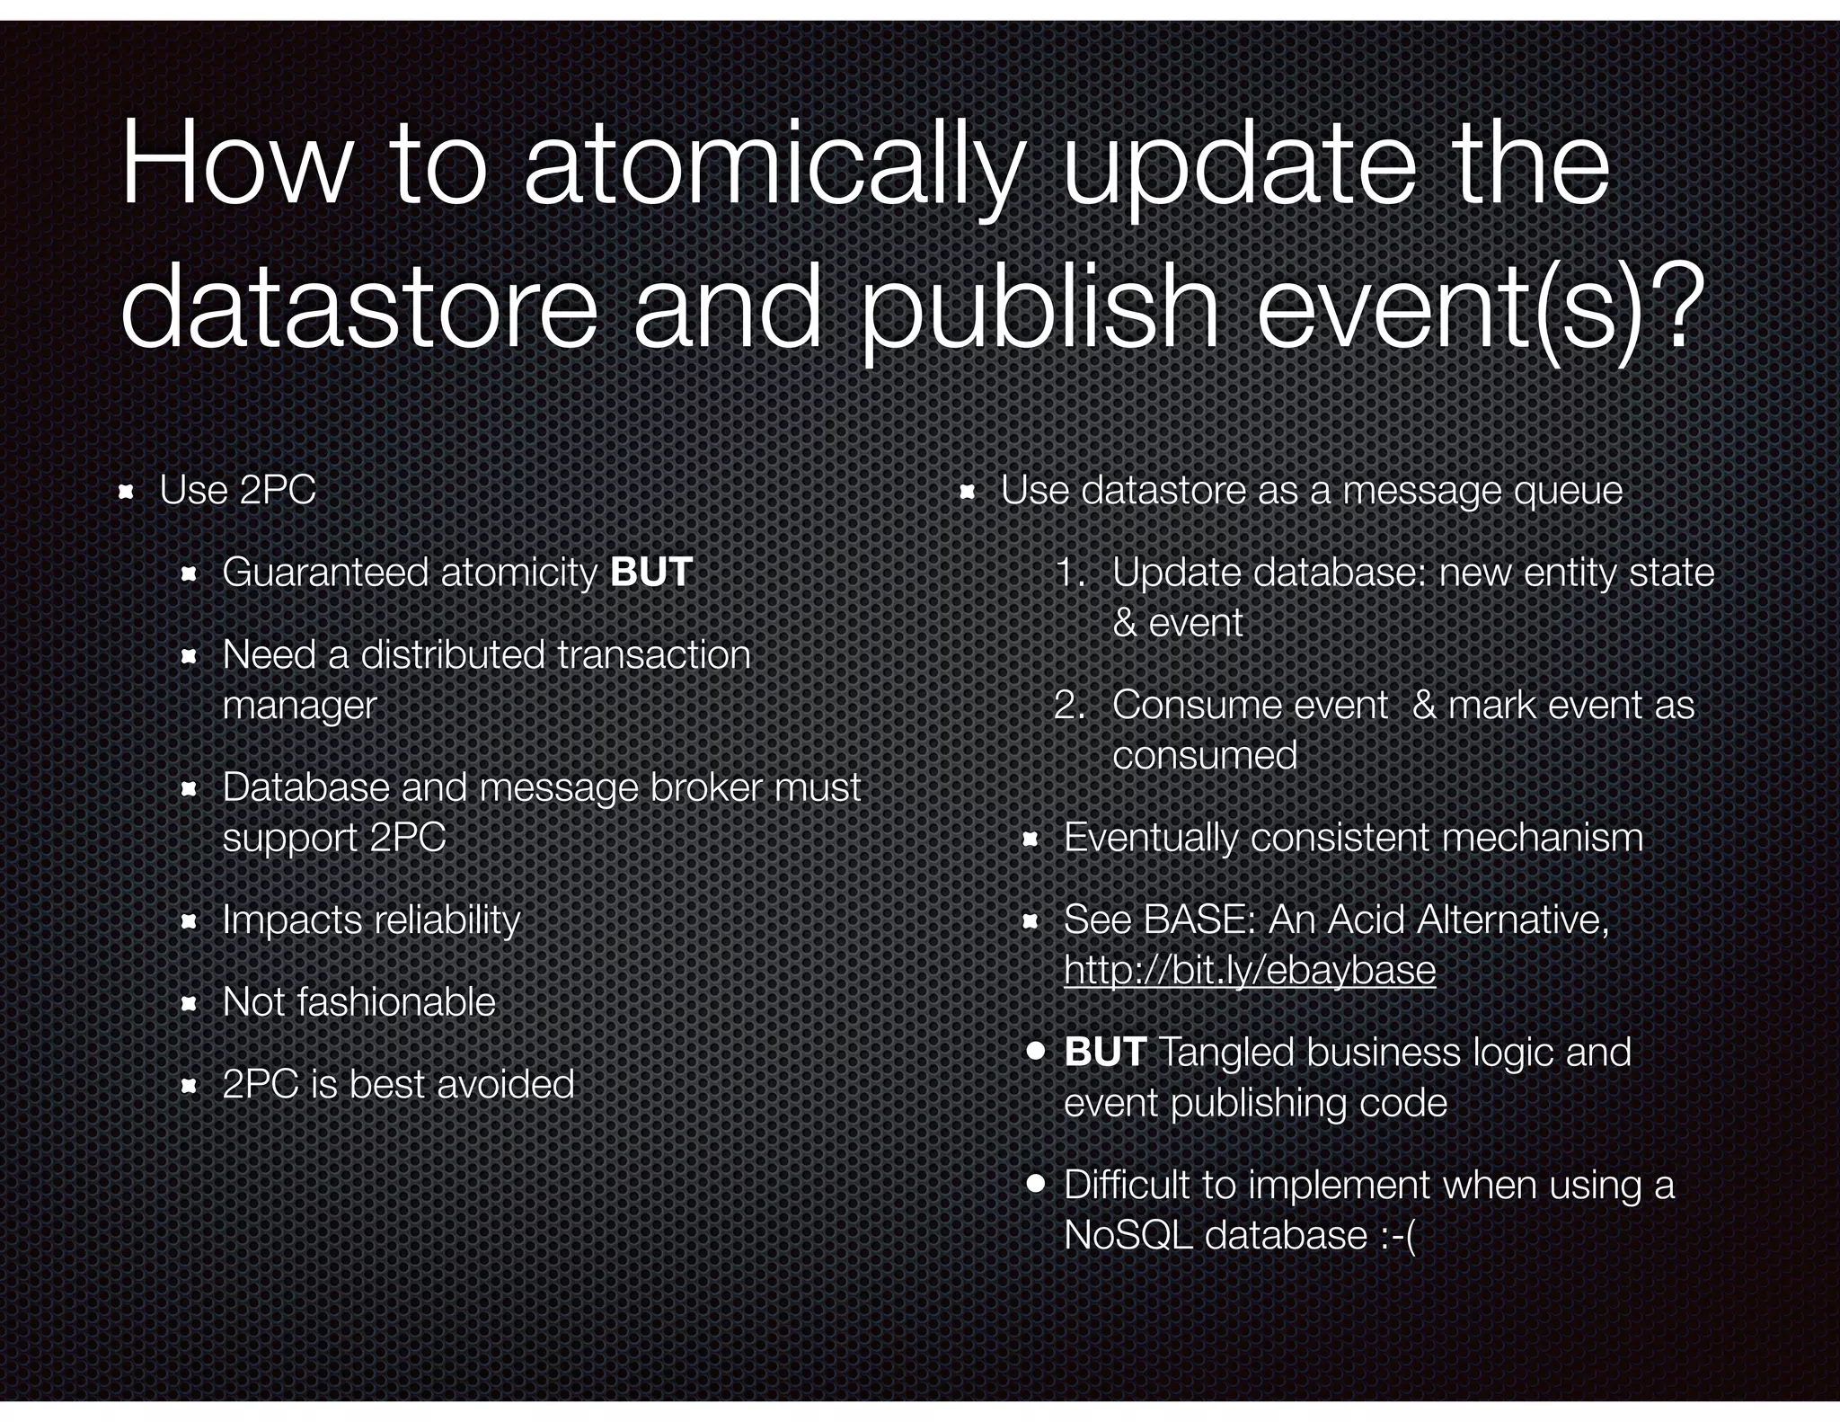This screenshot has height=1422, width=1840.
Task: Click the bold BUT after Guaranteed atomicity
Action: point(651,573)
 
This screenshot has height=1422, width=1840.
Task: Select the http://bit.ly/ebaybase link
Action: point(1249,970)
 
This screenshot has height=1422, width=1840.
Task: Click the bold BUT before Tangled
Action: point(1104,1052)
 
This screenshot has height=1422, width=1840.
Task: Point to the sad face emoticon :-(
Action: point(1394,1235)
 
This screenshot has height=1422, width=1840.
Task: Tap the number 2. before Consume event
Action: point(1070,705)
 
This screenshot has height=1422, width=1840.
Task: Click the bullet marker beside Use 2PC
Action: point(127,492)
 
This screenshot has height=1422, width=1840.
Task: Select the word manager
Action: point(299,705)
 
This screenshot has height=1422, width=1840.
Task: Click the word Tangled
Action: point(1226,1052)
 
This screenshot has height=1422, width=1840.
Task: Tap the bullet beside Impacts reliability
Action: point(189,921)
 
